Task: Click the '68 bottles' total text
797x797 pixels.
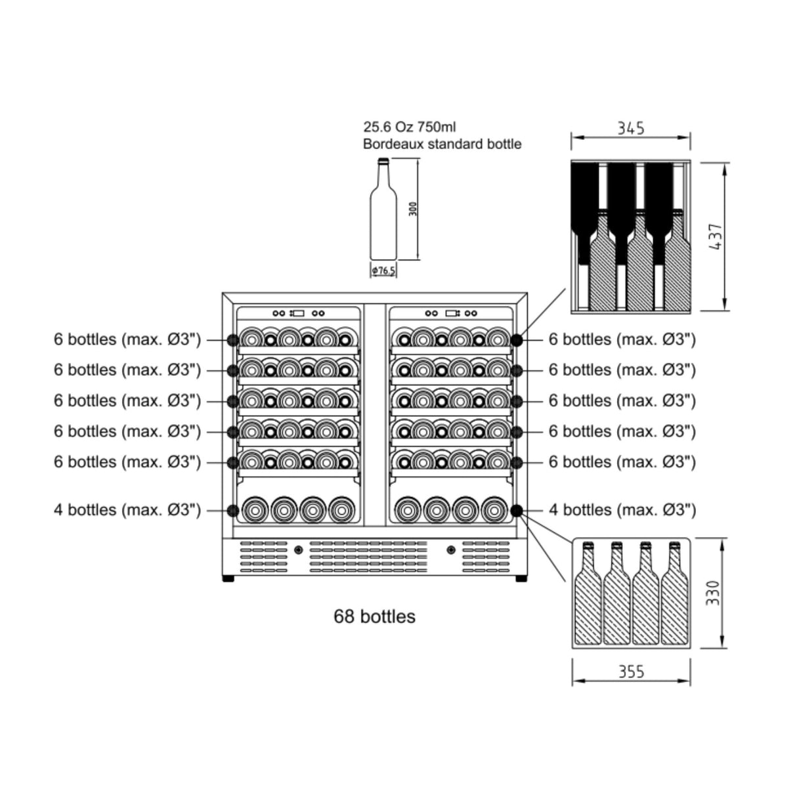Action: coord(374,617)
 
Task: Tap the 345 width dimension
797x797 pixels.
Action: coord(630,127)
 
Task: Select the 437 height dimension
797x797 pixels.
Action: coord(716,237)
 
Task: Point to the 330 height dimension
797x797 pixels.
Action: coord(714,593)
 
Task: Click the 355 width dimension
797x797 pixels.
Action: coord(631,672)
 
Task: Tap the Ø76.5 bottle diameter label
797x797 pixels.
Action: coord(383,270)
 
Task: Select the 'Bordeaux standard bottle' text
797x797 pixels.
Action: coord(442,144)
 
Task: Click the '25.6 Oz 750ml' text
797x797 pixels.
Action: coord(410,127)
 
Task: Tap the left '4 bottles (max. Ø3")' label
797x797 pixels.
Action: coord(127,510)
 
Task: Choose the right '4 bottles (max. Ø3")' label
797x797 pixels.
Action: coord(622,510)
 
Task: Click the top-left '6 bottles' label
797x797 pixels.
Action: coord(127,339)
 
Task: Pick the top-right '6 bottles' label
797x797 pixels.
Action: coord(622,339)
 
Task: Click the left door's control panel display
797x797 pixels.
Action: coord(298,313)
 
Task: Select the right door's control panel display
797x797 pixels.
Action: coord(452,313)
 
